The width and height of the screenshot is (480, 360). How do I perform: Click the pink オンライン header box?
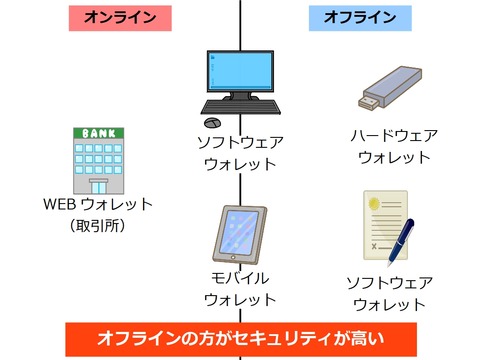coord(120,17)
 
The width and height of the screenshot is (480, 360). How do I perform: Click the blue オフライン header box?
coord(360,17)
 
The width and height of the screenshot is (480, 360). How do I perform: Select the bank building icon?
coord(99,160)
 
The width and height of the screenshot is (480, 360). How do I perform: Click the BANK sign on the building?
coord(99,133)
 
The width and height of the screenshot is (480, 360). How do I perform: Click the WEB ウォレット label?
coord(97,205)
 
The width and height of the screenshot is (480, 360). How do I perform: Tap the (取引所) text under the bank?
coord(97,226)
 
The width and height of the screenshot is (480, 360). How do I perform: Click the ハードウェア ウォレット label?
coord(394,146)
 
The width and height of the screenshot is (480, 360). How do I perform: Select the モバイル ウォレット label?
coord(240,288)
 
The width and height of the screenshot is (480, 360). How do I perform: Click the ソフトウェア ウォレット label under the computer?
coord(240,152)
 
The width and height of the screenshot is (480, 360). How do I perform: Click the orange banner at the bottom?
coord(240,338)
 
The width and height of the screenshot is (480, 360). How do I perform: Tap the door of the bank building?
coord(99,185)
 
